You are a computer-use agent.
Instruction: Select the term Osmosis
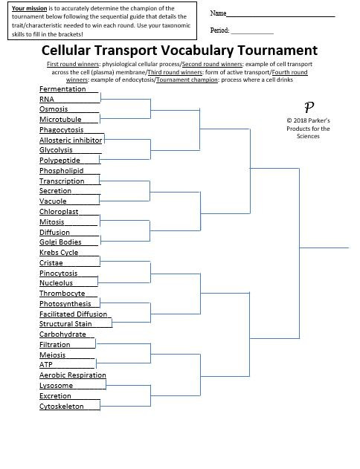pyautogui.click(x=54, y=109)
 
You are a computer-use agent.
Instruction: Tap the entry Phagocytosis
pyautogui.click(x=62, y=130)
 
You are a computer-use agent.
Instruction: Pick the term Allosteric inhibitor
pyautogui.click(x=71, y=140)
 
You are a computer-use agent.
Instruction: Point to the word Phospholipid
pyautogui.click(x=61, y=171)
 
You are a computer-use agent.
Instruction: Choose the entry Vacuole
pyautogui.click(x=53, y=201)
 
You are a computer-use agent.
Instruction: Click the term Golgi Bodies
pyautogui.click(x=60, y=242)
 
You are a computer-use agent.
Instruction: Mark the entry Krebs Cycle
pyautogui.click(x=59, y=253)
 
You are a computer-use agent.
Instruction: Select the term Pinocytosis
pyautogui.click(x=59, y=274)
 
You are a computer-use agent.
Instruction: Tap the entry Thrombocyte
pyautogui.click(x=62, y=294)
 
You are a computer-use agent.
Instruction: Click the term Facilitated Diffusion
pyautogui.click(x=74, y=314)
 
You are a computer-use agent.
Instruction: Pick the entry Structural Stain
pyautogui.click(x=65, y=324)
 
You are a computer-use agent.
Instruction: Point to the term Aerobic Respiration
pyautogui.click(x=73, y=375)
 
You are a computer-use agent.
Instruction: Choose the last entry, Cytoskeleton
pyautogui.click(x=61, y=407)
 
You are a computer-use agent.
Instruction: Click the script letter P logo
pyautogui.click(x=309, y=106)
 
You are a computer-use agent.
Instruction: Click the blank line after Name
pyautogui.click(x=280, y=14)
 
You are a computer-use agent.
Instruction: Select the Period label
pyautogui.click(x=219, y=31)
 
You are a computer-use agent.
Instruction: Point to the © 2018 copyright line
pyautogui.click(x=308, y=120)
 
